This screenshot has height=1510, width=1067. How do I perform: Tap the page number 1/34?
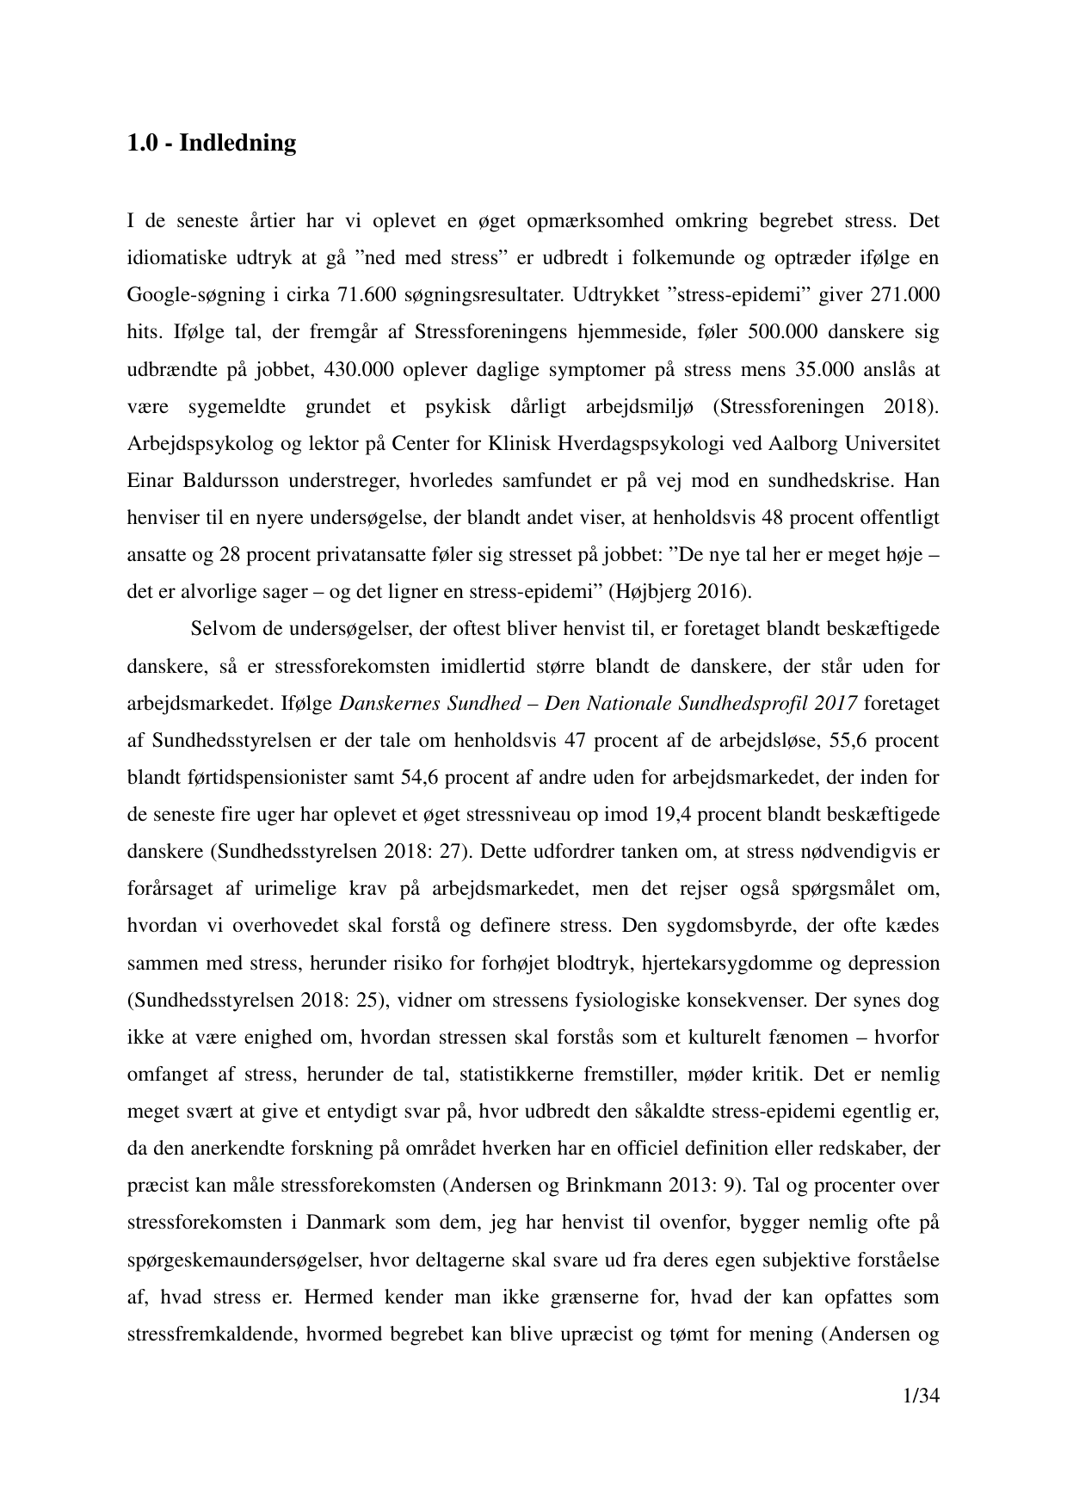click(916, 1396)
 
